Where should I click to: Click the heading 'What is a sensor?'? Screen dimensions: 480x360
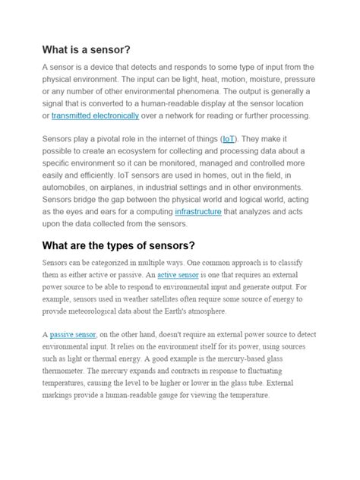[87, 49]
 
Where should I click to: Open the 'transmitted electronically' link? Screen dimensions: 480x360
[95, 115]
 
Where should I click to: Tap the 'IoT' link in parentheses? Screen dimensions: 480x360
[250, 140]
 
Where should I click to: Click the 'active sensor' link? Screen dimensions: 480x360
[178, 276]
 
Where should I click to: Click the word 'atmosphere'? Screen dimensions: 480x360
[224, 311]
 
